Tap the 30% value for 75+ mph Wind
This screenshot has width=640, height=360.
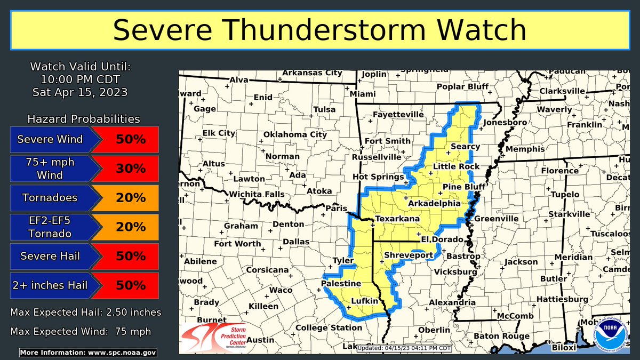[x=131, y=169]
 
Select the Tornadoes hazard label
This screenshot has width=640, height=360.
[x=50, y=198]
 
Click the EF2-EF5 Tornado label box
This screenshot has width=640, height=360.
[x=50, y=227]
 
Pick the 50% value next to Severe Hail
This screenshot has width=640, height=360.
[x=131, y=256]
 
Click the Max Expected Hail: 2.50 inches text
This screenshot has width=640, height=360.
[x=85, y=312]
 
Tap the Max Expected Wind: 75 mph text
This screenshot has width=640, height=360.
[x=80, y=331]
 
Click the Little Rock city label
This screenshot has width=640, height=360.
[x=456, y=166]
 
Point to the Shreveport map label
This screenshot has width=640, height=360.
[x=409, y=255]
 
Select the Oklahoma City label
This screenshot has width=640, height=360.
[x=295, y=134]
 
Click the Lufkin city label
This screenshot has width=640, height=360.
[x=364, y=301]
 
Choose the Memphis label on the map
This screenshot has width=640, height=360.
[x=525, y=149]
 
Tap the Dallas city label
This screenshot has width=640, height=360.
[x=296, y=241]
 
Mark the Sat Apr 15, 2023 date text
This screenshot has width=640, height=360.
[x=80, y=92]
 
